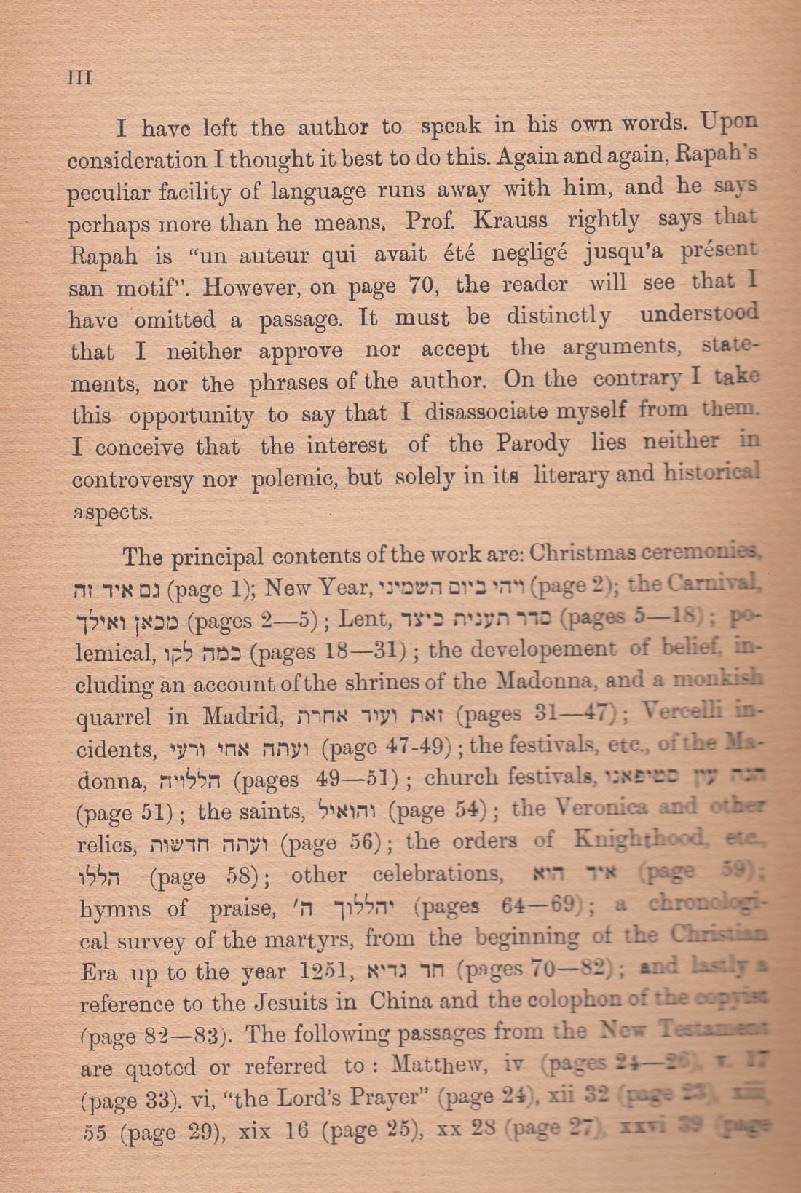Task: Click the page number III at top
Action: (79, 77)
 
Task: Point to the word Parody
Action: (533, 443)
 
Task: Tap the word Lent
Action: (362, 619)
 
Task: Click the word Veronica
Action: (600, 808)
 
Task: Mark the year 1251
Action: (325, 971)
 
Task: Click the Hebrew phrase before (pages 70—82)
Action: (415, 970)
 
